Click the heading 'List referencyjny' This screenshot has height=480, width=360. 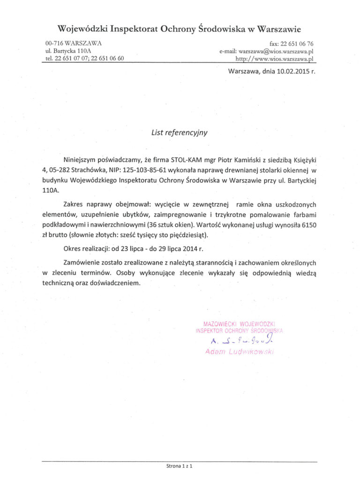point(180,132)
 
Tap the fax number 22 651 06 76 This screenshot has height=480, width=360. point(293,43)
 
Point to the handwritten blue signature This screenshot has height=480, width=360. point(238,341)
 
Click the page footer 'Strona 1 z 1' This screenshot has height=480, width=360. point(180,466)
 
